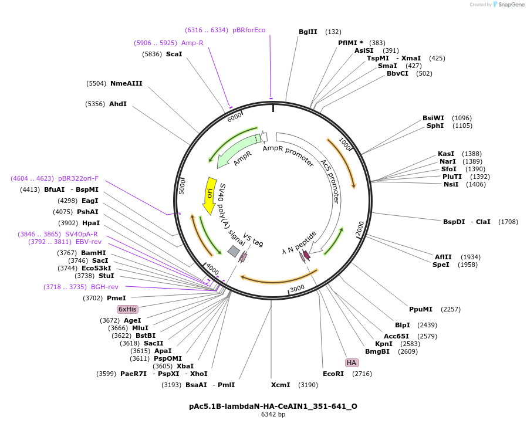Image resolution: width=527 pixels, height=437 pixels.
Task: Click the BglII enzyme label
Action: point(308,32)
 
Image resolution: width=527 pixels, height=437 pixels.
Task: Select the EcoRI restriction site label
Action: point(333,373)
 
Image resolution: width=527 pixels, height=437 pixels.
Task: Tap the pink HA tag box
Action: point(352,363)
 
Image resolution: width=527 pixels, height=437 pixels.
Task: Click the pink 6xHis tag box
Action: point(127,309)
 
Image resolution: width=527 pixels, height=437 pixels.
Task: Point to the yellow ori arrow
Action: point(209,195)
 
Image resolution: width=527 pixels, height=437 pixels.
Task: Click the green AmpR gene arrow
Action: point(238,150)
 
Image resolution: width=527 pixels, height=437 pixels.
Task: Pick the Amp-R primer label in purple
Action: point(192,43)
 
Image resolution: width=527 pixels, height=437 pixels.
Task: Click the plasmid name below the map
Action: point(273,406)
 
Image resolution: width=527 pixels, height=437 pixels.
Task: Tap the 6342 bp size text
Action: point(273,415)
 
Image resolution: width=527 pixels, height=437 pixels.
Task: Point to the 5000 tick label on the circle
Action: point(182,187)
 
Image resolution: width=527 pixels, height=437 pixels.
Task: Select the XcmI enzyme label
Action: point(281,385)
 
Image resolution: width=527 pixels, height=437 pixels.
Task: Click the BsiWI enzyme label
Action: point(433,118)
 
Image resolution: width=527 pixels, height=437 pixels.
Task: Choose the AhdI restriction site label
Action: point(118,104)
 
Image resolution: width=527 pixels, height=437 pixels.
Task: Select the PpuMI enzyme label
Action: point(420,309)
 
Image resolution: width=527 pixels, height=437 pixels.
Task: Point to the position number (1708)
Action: point(508,222)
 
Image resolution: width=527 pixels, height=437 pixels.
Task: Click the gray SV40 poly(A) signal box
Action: point(233,251)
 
